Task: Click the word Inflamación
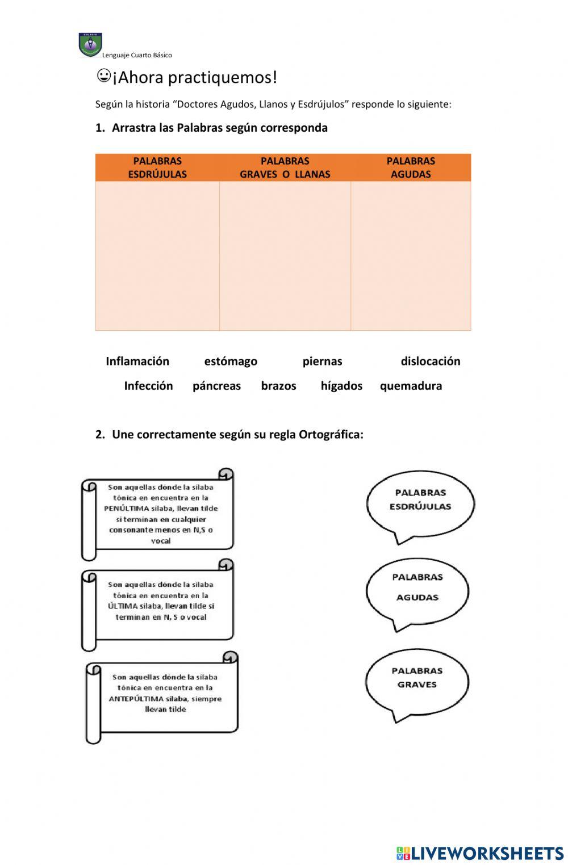point(137,362)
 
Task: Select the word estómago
point(231,362)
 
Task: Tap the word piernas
point(322,362)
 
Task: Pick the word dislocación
point(431,362)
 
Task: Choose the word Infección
point(148,386)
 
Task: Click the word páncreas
point(216,386)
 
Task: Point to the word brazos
point(278,386)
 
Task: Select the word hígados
point(341,386)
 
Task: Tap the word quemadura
point(411,386)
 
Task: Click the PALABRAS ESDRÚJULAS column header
point(157,167)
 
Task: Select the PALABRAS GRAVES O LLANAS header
point(285,167)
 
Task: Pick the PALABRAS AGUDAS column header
point(411,167)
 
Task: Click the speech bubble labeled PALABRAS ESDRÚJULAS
point(420,502)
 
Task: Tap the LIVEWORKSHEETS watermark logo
point(480,853)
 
